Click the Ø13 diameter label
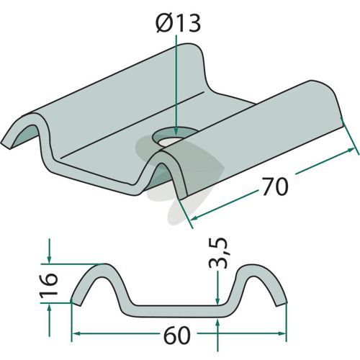pyautogui.click(x=178, y=24)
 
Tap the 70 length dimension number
pyautogui.click(x=275, y=186)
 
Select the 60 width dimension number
pyautogui.click(x=177, y=335)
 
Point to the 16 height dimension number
pyautogui.click(x=49, y=285)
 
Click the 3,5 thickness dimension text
pyautogui.click(x=218, y=253)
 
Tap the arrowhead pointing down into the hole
pyautogui.click(x=176, y=131)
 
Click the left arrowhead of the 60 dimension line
pyautogui.click(x=76, y=333)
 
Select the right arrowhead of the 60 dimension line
pyautogui.click(x=282, y=333)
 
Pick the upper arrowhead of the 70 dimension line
pyautogui.click(x=351, y=150)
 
